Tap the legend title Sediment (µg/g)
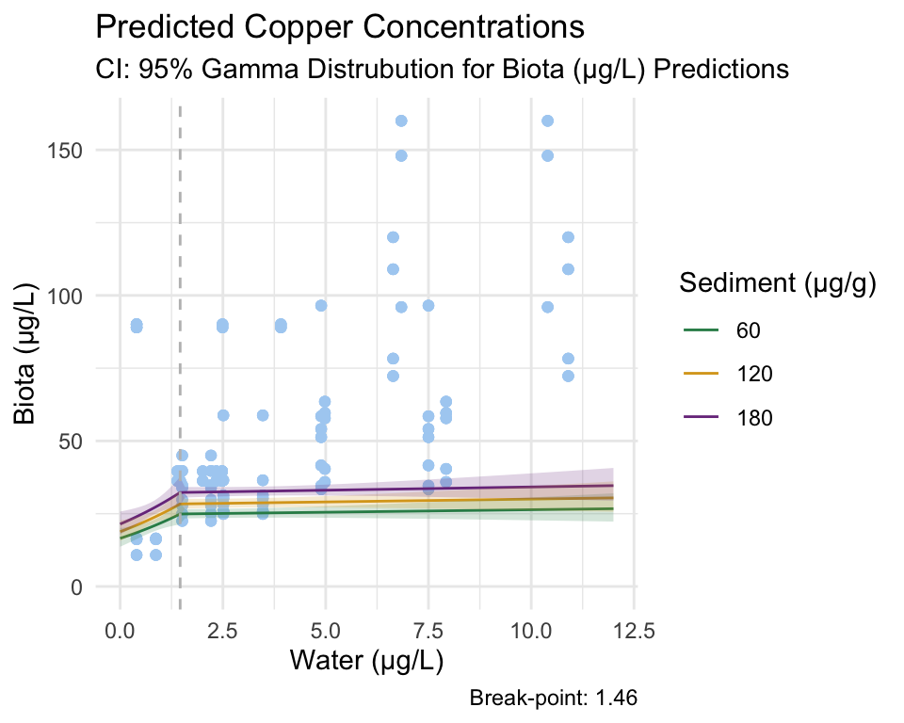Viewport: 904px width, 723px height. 778,282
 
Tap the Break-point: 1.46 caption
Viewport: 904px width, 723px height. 554,699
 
